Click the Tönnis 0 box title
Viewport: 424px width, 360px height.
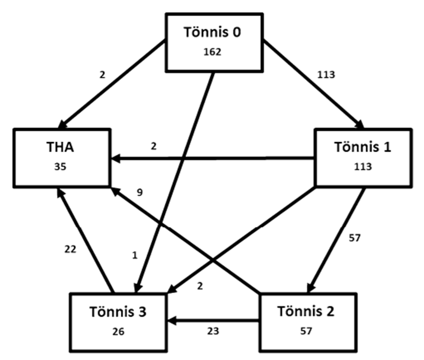[213, 32]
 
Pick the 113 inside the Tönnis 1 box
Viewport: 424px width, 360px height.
[363, 166]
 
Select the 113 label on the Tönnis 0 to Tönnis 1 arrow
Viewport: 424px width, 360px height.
[326, 74]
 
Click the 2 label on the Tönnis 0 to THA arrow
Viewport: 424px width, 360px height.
[103, 74]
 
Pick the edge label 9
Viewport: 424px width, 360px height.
[140, 193]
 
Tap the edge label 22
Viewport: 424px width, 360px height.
[70, 248]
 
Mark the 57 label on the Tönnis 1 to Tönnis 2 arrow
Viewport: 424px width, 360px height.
[354, 238]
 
